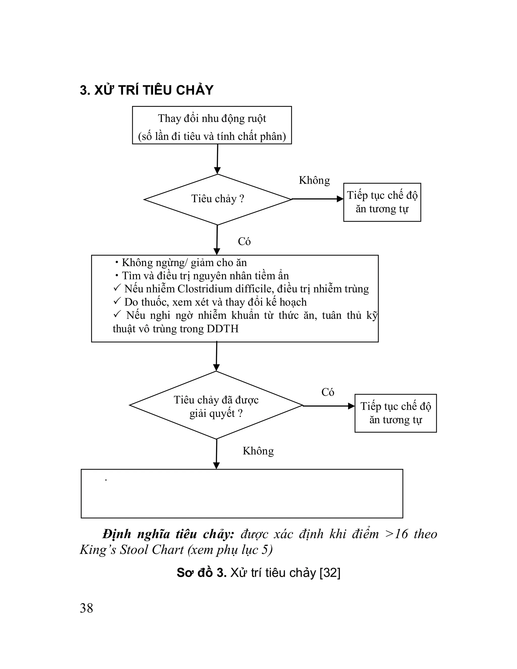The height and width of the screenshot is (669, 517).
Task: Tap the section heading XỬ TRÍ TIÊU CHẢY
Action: [x=146, y=90]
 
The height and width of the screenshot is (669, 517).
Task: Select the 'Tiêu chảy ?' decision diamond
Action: [x=217, y=199]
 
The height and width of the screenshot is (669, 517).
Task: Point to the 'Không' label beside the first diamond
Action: [x=314, y=181]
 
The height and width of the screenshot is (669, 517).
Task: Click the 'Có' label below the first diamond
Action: [x=244, y=242]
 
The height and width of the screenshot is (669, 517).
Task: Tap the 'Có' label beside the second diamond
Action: [x=327, y=392]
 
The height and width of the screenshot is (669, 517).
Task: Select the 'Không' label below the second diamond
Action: [x=258, y=451]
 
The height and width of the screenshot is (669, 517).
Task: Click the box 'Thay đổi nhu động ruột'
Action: [x=212, y=125]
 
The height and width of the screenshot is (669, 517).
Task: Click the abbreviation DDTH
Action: [x=223, y=329]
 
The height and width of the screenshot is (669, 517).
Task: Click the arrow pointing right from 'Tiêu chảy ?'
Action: [x=317, y=199]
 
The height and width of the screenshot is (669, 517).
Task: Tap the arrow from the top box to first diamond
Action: [x=217, y=159]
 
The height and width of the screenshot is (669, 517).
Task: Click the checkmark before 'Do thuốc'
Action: [x=117, y=302]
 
